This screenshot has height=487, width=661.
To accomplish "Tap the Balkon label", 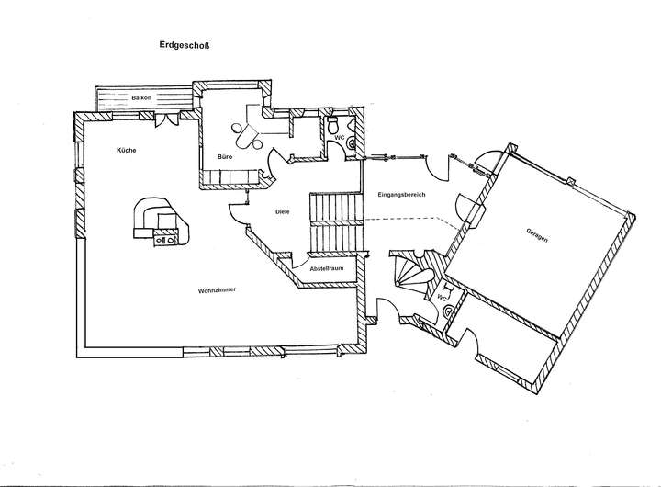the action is click(x=141, y=97).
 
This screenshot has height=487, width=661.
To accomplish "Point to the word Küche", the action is click(x=126, y=149).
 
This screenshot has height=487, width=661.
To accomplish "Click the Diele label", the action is click(x=283, y=212).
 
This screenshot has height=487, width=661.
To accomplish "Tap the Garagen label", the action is click(x=538, y=234).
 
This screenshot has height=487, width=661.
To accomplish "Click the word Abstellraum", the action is click(x=326, y=269).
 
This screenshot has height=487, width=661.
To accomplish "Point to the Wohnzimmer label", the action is click(x=217, y=290).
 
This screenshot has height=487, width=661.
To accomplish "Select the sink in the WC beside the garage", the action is click(x=447, y=311).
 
